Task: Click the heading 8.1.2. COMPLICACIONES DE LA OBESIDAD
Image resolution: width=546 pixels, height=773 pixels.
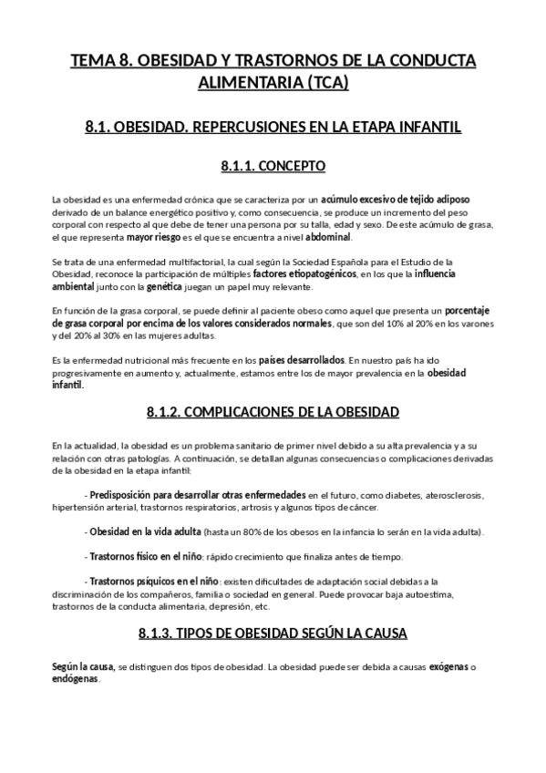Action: [x=273, y=412]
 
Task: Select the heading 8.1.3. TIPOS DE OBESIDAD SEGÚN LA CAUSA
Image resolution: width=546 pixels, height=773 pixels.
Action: [x=273, y=633]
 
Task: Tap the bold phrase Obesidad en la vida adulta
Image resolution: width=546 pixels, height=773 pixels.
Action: [x=146, y=531]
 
